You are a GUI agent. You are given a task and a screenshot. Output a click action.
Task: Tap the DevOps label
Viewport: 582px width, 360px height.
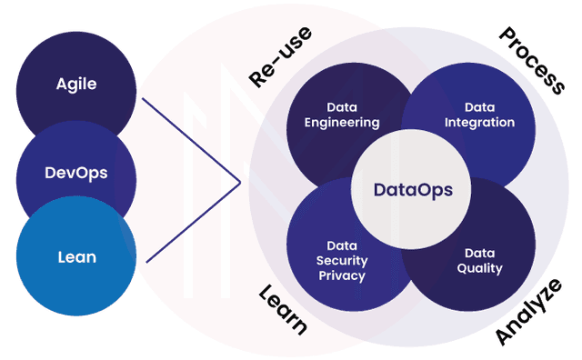76,171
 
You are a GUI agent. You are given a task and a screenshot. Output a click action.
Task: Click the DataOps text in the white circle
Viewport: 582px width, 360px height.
412,190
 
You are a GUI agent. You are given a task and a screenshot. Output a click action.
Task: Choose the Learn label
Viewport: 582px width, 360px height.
284,309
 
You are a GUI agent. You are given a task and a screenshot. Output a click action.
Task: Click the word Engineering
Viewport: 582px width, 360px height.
342,123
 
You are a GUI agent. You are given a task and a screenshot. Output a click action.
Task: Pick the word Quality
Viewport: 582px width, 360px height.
479,268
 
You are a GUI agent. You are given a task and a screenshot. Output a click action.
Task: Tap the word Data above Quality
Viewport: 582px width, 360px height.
479,253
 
